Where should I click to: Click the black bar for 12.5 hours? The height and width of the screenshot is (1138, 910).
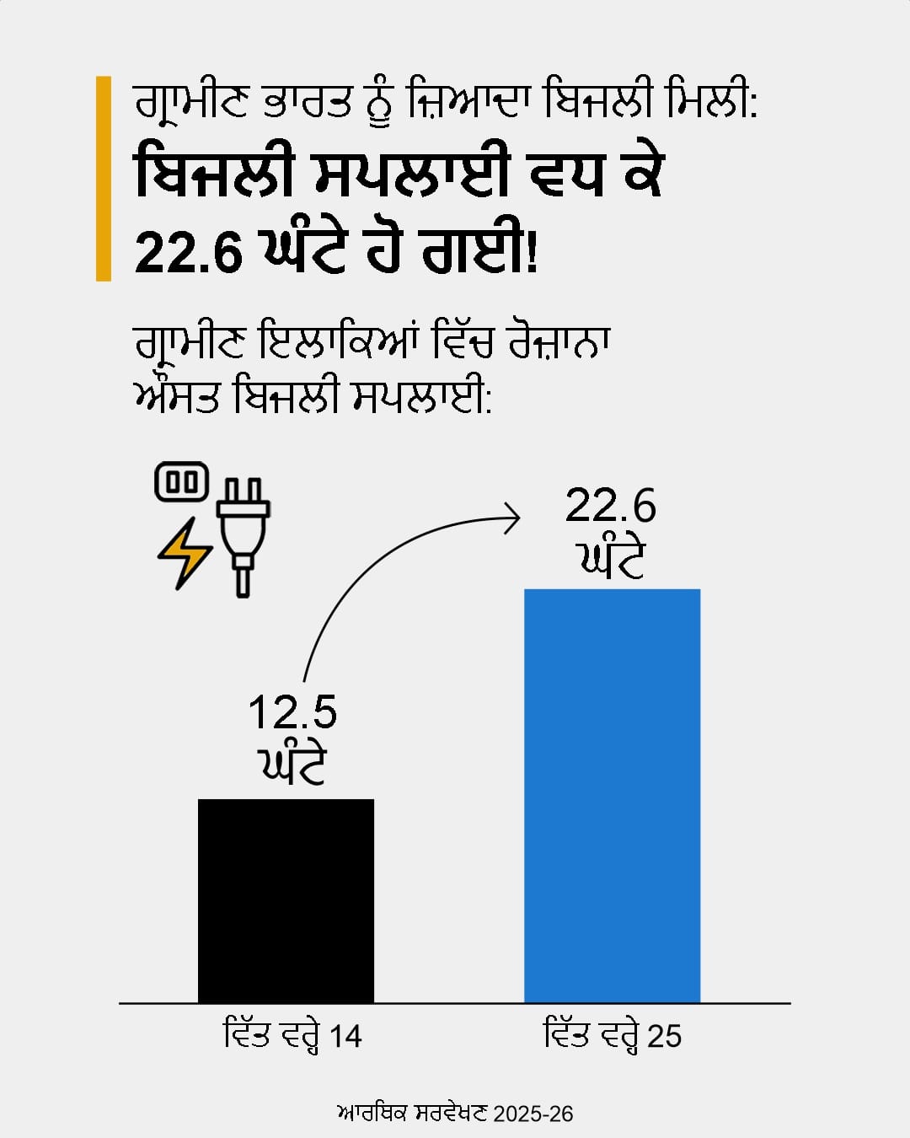(x=286, y=900)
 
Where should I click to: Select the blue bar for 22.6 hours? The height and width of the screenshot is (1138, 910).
(x=612, y=796)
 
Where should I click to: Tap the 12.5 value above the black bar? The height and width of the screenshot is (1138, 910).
(x=292, y=712)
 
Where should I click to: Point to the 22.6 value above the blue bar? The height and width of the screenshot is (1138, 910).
(x=610, y=506)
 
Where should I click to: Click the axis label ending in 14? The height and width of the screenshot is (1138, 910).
(x=292, y=1036)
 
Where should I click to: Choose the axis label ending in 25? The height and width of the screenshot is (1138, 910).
(x=613, y=1036)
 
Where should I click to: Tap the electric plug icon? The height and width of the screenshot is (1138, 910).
(x=243, y=536)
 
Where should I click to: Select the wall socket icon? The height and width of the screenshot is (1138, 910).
(x=182, y=482)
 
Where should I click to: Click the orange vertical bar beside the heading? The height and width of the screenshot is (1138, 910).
(x=104, y=178)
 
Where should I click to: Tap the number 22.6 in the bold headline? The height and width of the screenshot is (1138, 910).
(x=188, y=251)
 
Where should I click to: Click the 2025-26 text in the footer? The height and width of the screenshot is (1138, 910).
(x=533, y=1114)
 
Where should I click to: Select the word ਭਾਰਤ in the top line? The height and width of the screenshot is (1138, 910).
(x=308, y=101)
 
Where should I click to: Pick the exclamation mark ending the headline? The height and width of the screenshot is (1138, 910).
(x=531, y=251)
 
